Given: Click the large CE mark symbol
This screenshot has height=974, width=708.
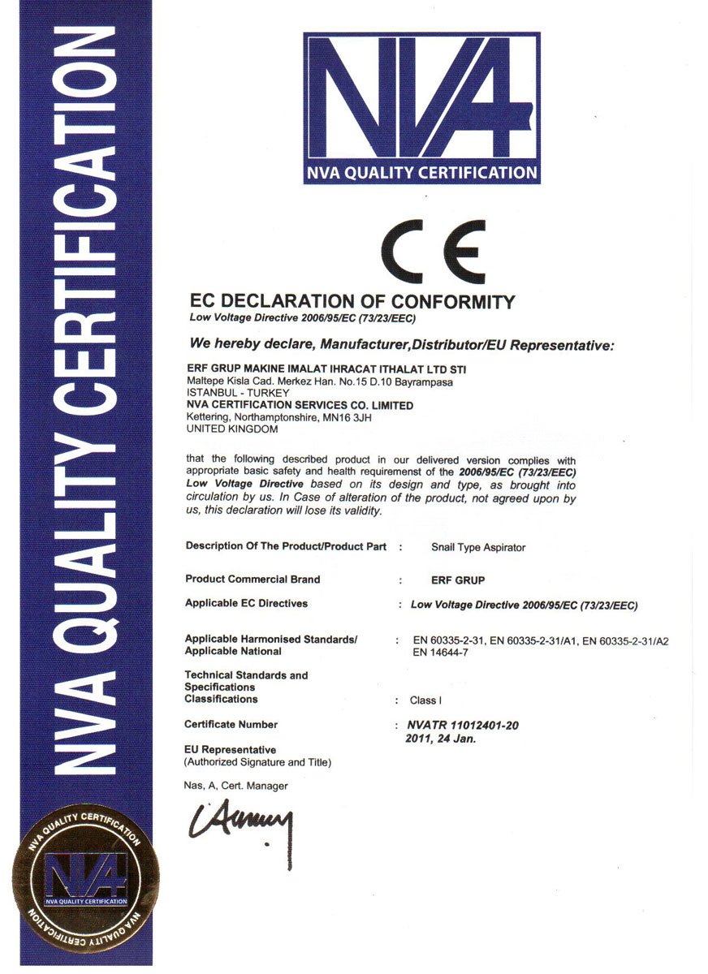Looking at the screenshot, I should (x=434, y=252).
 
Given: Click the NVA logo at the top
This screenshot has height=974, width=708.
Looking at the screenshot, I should (x=421, y=107).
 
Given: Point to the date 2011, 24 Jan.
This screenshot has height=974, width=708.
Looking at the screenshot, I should (x=440, y=739).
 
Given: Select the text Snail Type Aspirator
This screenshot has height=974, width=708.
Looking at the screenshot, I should (x=478, y=548).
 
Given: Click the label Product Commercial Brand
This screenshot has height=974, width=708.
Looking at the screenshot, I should (x=253, y=580).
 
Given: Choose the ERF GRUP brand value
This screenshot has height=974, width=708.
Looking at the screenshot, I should (x=458, y=581).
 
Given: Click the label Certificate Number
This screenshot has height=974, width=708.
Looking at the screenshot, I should (x=231, y=724).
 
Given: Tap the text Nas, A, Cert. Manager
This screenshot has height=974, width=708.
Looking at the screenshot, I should (x=236, y=786).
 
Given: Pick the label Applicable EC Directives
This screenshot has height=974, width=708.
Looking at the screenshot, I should (x=246, y=604).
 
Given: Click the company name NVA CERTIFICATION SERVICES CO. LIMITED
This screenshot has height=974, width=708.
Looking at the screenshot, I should (x=300, y=405).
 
